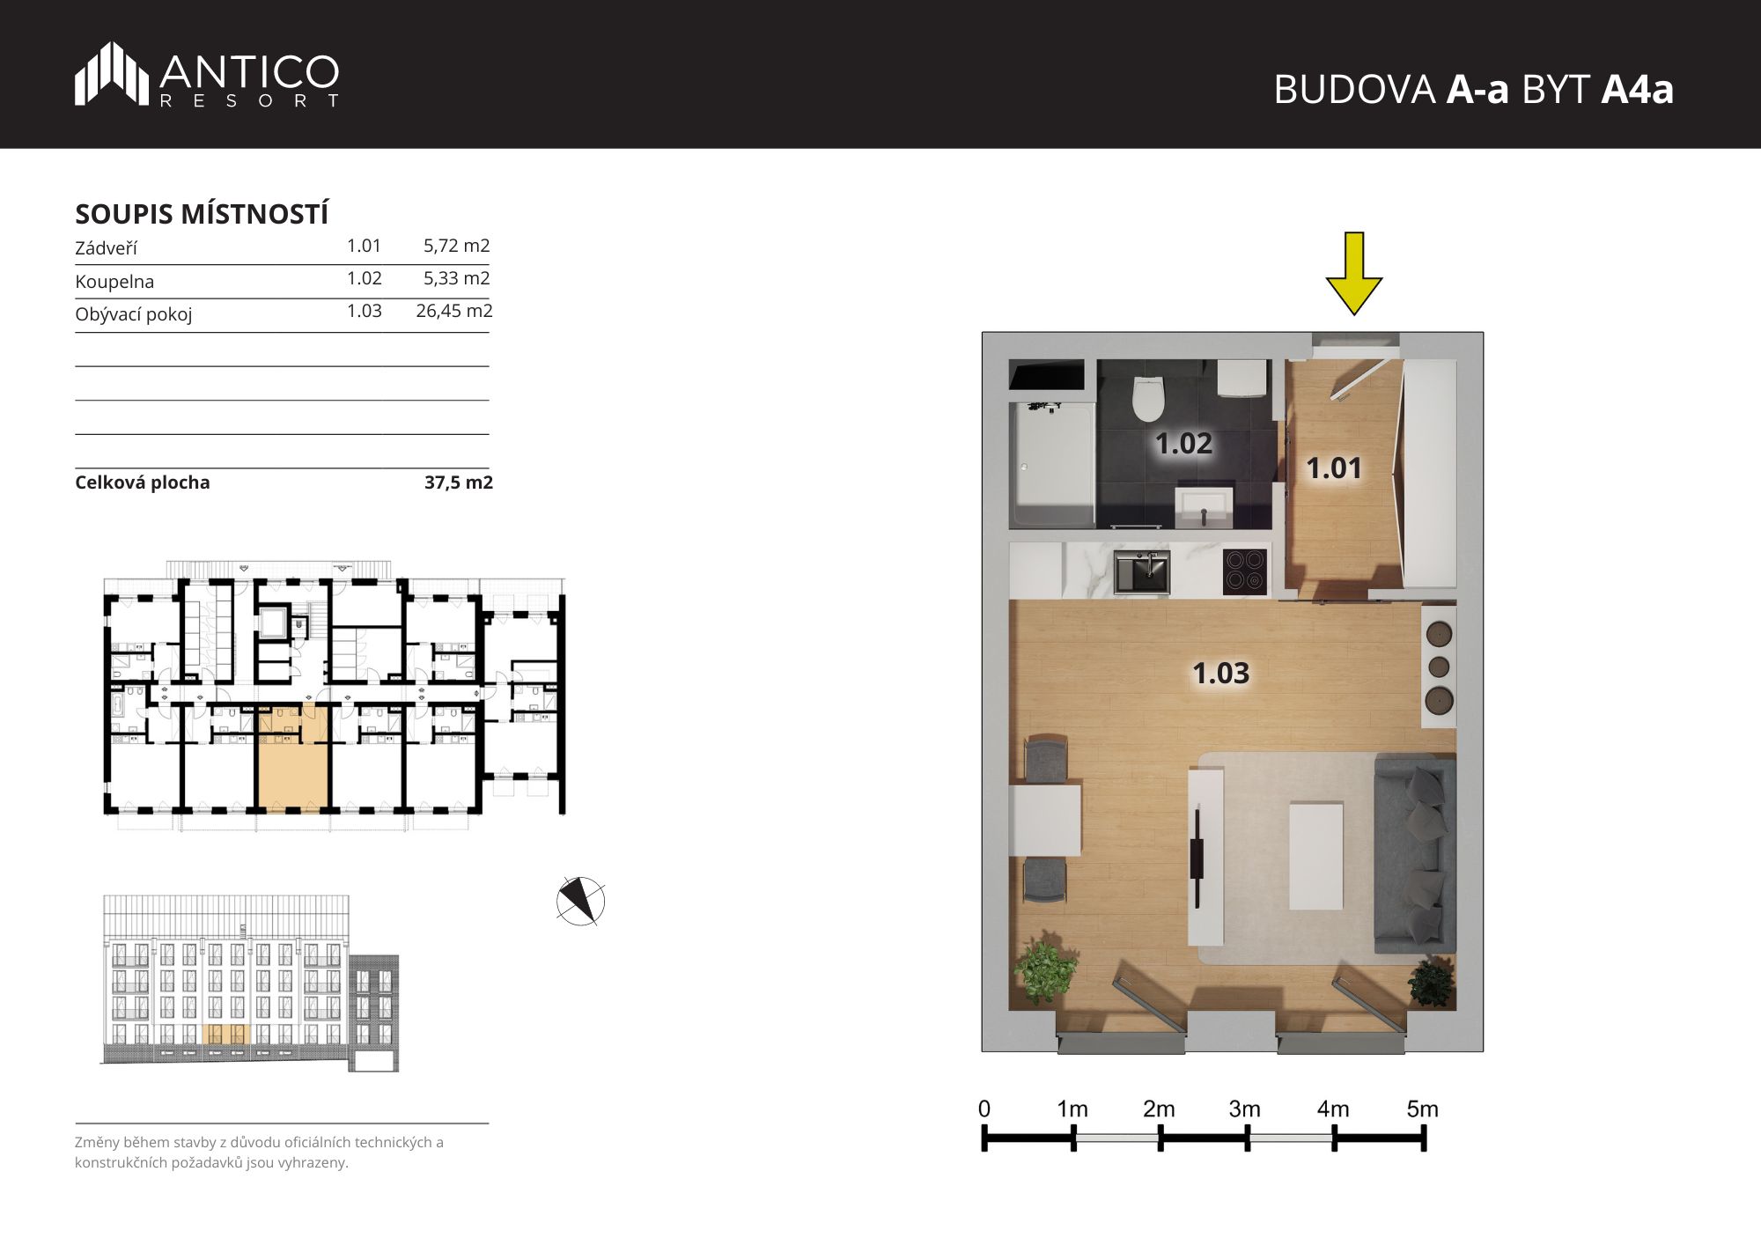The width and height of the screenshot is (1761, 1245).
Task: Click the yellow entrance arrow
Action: pos(1354,274)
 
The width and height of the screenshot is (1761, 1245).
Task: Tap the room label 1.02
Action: pos(1183,444)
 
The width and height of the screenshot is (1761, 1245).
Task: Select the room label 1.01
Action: pos(1333,468)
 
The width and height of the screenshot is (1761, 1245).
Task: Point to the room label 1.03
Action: pos(1220,674)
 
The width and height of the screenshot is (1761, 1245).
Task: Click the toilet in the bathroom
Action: pos(1148,399)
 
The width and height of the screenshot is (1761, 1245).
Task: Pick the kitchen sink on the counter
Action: pos(1142,571)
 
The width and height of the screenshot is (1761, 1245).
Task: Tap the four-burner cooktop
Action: pos(1245,570)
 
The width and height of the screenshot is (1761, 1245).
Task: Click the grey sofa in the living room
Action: pos(1415,853)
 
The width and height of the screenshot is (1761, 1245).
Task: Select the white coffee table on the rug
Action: pos(1315,856)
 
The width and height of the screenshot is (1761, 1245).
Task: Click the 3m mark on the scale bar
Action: pos(1247,1138)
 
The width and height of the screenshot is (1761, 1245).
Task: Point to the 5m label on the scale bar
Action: pos(1422,1109)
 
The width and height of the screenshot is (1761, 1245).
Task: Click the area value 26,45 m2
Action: pos(454,311)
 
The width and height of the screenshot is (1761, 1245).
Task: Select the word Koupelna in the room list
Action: pos(114,282)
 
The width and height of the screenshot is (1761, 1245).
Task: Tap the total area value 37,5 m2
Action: pos(459,483)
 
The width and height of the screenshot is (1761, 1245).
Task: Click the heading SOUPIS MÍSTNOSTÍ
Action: pos(202,214)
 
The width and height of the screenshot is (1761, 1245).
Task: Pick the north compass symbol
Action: pos(580,901)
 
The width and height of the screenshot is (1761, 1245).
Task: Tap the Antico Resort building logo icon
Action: pos(111,73)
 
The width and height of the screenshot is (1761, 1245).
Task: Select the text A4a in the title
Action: pos(1637,90)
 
